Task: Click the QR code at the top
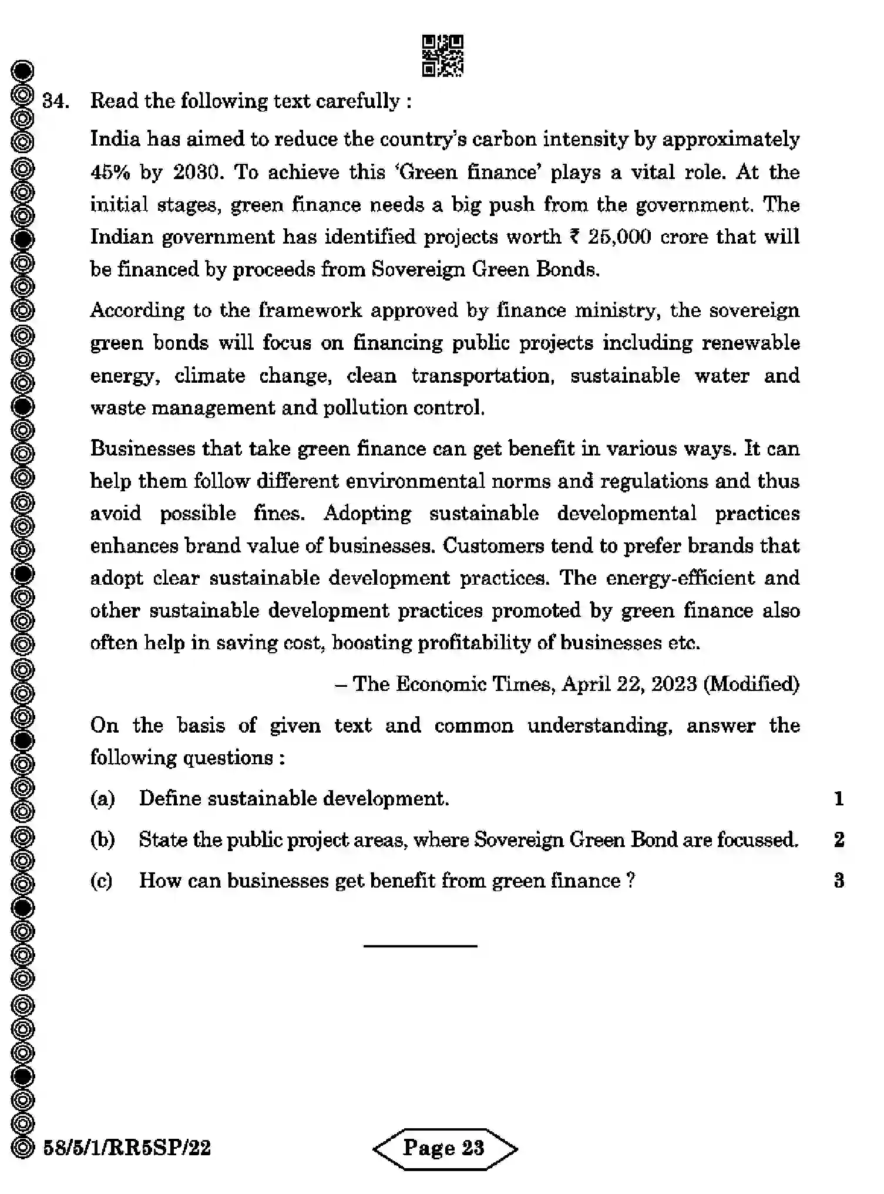(442, 56)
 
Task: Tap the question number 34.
(55, 102)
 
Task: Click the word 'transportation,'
(483, 376)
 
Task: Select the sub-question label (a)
(103, 799)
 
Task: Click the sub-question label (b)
(103, 840)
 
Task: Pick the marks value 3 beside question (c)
(839, 881)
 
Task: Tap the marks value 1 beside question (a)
(839, 799)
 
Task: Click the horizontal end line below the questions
(420, 946)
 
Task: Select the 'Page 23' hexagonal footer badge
(445, 1148)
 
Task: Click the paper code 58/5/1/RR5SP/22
(127, 1148)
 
